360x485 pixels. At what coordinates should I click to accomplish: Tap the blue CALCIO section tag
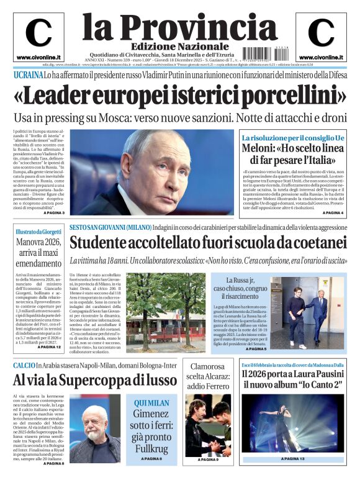[x=26, y=365]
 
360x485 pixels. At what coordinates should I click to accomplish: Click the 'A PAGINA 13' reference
[x=292, y=459]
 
